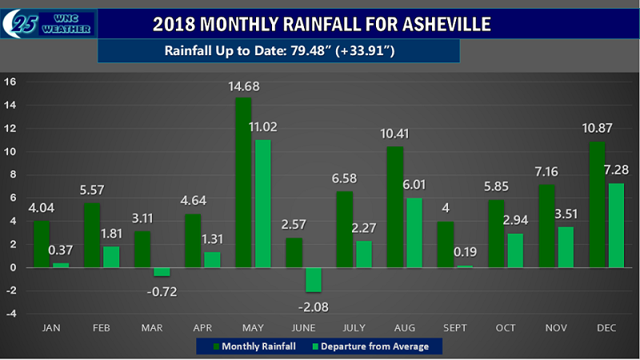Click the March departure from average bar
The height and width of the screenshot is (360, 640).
(x=159, y=271)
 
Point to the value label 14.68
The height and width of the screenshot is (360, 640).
(x=245, y=86)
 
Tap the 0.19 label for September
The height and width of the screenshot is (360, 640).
(x=464, y=254)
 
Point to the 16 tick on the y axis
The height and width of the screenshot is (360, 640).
(x=10, y=82)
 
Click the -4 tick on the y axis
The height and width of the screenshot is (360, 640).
(x=10, y=314)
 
